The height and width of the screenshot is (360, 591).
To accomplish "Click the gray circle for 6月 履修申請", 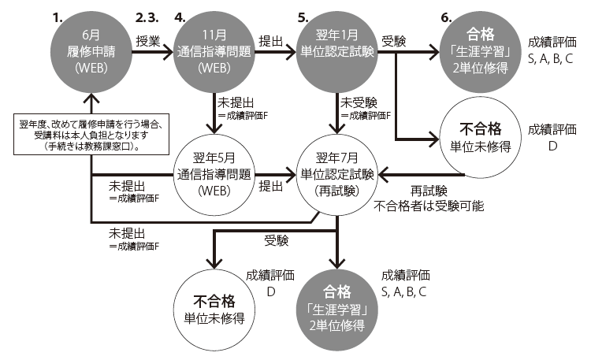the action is [x=91, y=52].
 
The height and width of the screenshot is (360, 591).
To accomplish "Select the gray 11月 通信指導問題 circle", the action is [x=214, y=52].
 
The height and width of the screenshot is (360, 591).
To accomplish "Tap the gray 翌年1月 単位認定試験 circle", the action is [x=337, y=52].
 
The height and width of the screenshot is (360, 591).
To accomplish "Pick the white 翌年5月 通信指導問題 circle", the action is [x=214, y=175].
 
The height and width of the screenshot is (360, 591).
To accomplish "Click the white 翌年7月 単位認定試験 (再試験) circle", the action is [x=337, y=175].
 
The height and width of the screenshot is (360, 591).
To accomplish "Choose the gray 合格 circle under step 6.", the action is [x=480, y=52].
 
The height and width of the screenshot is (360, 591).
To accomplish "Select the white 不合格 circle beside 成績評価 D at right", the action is [x=480, y=137].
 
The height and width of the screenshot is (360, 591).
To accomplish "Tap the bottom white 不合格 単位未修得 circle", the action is [x=214, y=310].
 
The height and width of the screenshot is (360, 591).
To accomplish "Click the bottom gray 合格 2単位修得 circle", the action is [x=337, y=310].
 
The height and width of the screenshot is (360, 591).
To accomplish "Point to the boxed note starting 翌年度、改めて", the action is [x=91, y=134].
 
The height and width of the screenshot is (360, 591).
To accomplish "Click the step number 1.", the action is [x=58, y=17].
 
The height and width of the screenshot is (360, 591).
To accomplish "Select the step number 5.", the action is [x=303, y=17].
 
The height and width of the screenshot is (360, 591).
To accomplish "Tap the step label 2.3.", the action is [x=147, y=17].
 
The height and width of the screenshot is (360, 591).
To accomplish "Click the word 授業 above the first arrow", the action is [x=148, y=41].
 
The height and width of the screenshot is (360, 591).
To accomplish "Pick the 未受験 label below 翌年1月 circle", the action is [x=359, y=102].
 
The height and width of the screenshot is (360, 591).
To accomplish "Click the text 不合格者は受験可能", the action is [x=429, y=206].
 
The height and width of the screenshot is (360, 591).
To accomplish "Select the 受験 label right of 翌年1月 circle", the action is [x=394, y=41].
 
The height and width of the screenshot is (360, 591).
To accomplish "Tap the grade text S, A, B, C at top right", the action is [x=550, y=59].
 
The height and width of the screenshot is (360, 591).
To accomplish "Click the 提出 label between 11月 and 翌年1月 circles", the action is [x=270, y=41].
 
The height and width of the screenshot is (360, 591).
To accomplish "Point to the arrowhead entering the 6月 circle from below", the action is [x=91, y=98].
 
